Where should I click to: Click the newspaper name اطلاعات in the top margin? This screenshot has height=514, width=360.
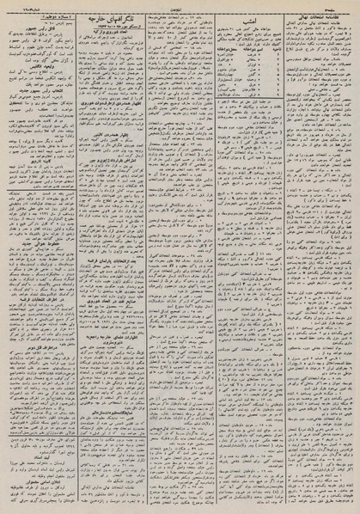[180, 4]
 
